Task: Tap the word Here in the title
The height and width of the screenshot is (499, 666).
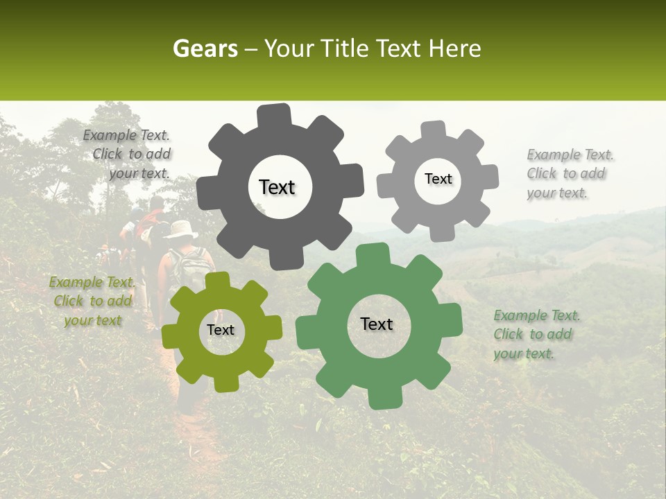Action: (455, 49)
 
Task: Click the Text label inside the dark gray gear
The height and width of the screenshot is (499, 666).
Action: (277, 187)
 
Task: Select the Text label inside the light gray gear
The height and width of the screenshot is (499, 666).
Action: (438, 179)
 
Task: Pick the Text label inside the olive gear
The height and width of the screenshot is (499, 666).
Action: (221, 330)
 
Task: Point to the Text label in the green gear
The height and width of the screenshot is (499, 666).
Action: (377, 324)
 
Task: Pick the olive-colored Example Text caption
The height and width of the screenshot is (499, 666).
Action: (92, 301)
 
